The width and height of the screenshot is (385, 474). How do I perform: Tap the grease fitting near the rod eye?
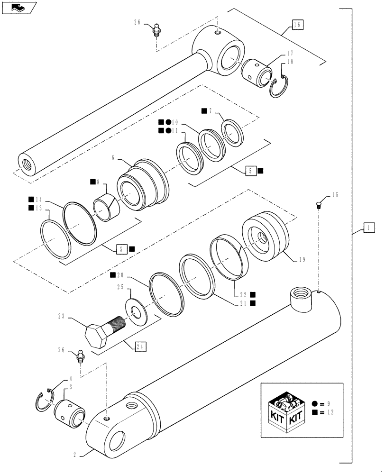point(156,29)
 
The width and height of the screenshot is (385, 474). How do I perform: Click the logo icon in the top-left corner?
point(18,7)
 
